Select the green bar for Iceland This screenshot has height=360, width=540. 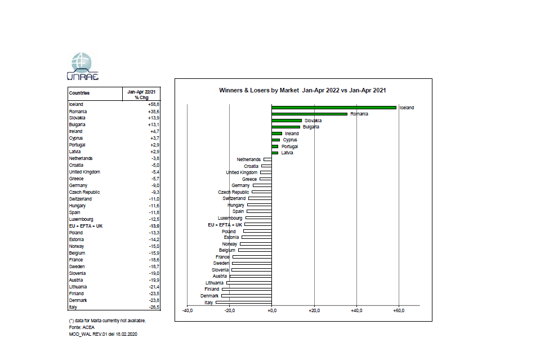point(334,107)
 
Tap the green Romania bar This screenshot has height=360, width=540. point(309,114)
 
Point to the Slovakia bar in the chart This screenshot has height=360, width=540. point(287,121)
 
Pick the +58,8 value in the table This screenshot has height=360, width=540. point(154,104)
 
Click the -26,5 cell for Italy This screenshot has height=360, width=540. point(154,307)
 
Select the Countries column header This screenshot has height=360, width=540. point(79,93)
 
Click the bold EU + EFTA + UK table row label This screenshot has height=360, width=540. point(86,226)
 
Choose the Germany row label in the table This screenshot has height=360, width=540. point(78,185)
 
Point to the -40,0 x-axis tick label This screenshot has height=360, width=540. point(188,310)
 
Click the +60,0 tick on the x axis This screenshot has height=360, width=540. point(398,310)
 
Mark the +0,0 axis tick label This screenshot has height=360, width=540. point(271,310)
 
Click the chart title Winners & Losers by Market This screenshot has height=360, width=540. point(302,90)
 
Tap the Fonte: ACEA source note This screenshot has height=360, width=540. point(81,327)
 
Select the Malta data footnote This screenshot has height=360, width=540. point(107,321)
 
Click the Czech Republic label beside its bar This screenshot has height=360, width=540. point(234,192)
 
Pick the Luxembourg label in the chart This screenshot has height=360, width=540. point(230,218)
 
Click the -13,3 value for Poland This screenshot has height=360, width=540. point(154,233)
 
